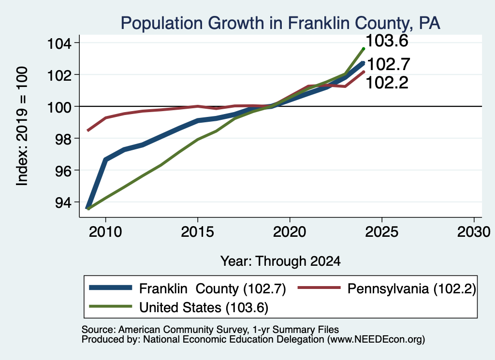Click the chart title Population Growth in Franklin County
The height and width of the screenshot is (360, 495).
pos(280,23)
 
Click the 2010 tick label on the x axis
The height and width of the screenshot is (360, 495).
pos(105,232)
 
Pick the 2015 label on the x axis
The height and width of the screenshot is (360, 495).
pos(198,232)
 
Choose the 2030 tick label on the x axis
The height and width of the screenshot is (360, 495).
pos(474,232)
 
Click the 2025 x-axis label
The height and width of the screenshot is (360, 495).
pos(382,232)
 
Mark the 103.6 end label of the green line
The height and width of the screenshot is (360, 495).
pos(387,41)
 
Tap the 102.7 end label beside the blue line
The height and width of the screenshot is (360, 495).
pos(389,64)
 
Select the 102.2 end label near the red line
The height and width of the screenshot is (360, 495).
pos(387,83)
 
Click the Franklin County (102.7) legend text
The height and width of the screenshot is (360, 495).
pos(213,288)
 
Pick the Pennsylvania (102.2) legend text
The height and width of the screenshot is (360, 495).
pos(412,288)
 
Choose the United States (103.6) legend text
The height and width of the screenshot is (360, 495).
pos(204,307)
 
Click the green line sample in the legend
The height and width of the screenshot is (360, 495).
pos(111,306)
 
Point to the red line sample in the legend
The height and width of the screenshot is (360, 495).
pos(320,288)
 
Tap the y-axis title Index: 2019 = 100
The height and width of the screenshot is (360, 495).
pos(22,126)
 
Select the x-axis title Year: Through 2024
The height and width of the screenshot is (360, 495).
pos(280,261)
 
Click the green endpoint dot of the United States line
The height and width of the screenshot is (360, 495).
pos(364,49)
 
